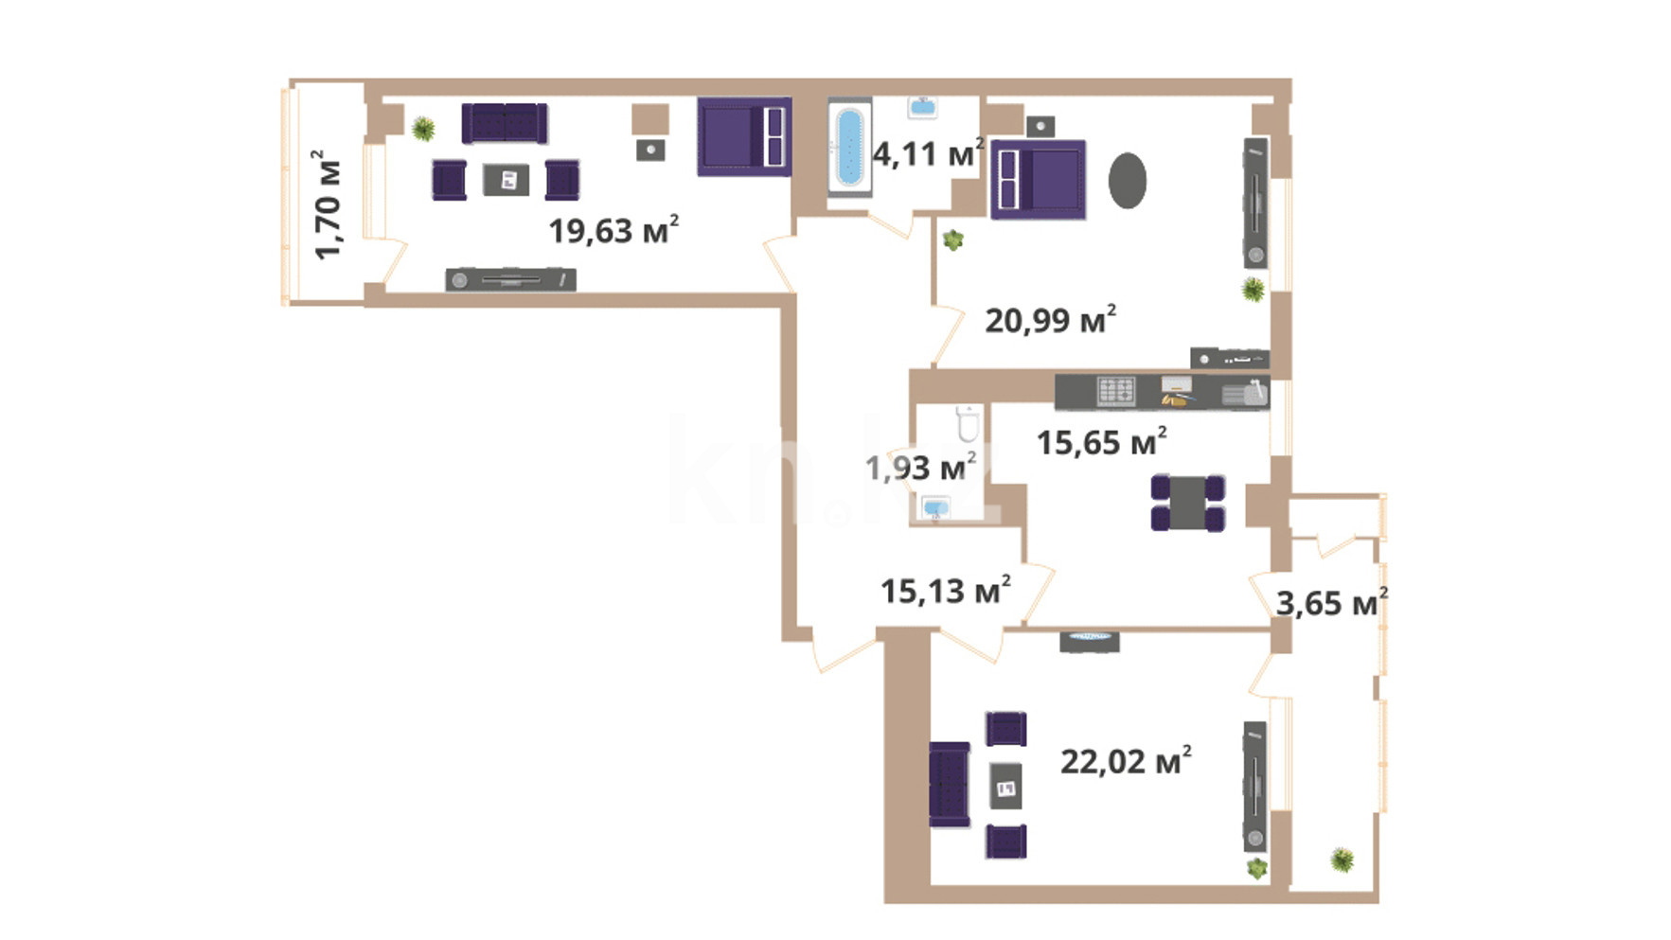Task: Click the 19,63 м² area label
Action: tap(613, 230)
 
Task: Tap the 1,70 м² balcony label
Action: tap(328, 204)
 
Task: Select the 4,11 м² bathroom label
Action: tap(928, 152)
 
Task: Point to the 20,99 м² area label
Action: tap(1050, 320)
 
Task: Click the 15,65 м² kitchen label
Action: tap(1101, 441)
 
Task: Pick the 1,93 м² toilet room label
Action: tap(920, 466)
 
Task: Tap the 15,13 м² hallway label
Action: tap(945, 591)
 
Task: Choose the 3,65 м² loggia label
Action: tap(1331, 602)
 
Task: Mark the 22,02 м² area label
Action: tap(1126, 761)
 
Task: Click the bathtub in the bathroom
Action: tap(849, 147)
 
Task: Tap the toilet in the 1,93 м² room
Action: tap(968, 423)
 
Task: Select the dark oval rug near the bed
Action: tap(1127, 180)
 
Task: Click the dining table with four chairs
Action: tap(1187, 503)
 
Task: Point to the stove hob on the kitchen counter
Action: tap(1115, 391)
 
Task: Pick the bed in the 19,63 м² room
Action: tap(744, 136)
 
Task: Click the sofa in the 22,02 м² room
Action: tap(950, 785)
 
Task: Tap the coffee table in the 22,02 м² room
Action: tap(1005, 785)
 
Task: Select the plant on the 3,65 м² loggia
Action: tap(1342, 860)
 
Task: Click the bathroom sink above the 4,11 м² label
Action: tap(922, 107)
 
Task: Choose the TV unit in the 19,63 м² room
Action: tap(510, 279)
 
